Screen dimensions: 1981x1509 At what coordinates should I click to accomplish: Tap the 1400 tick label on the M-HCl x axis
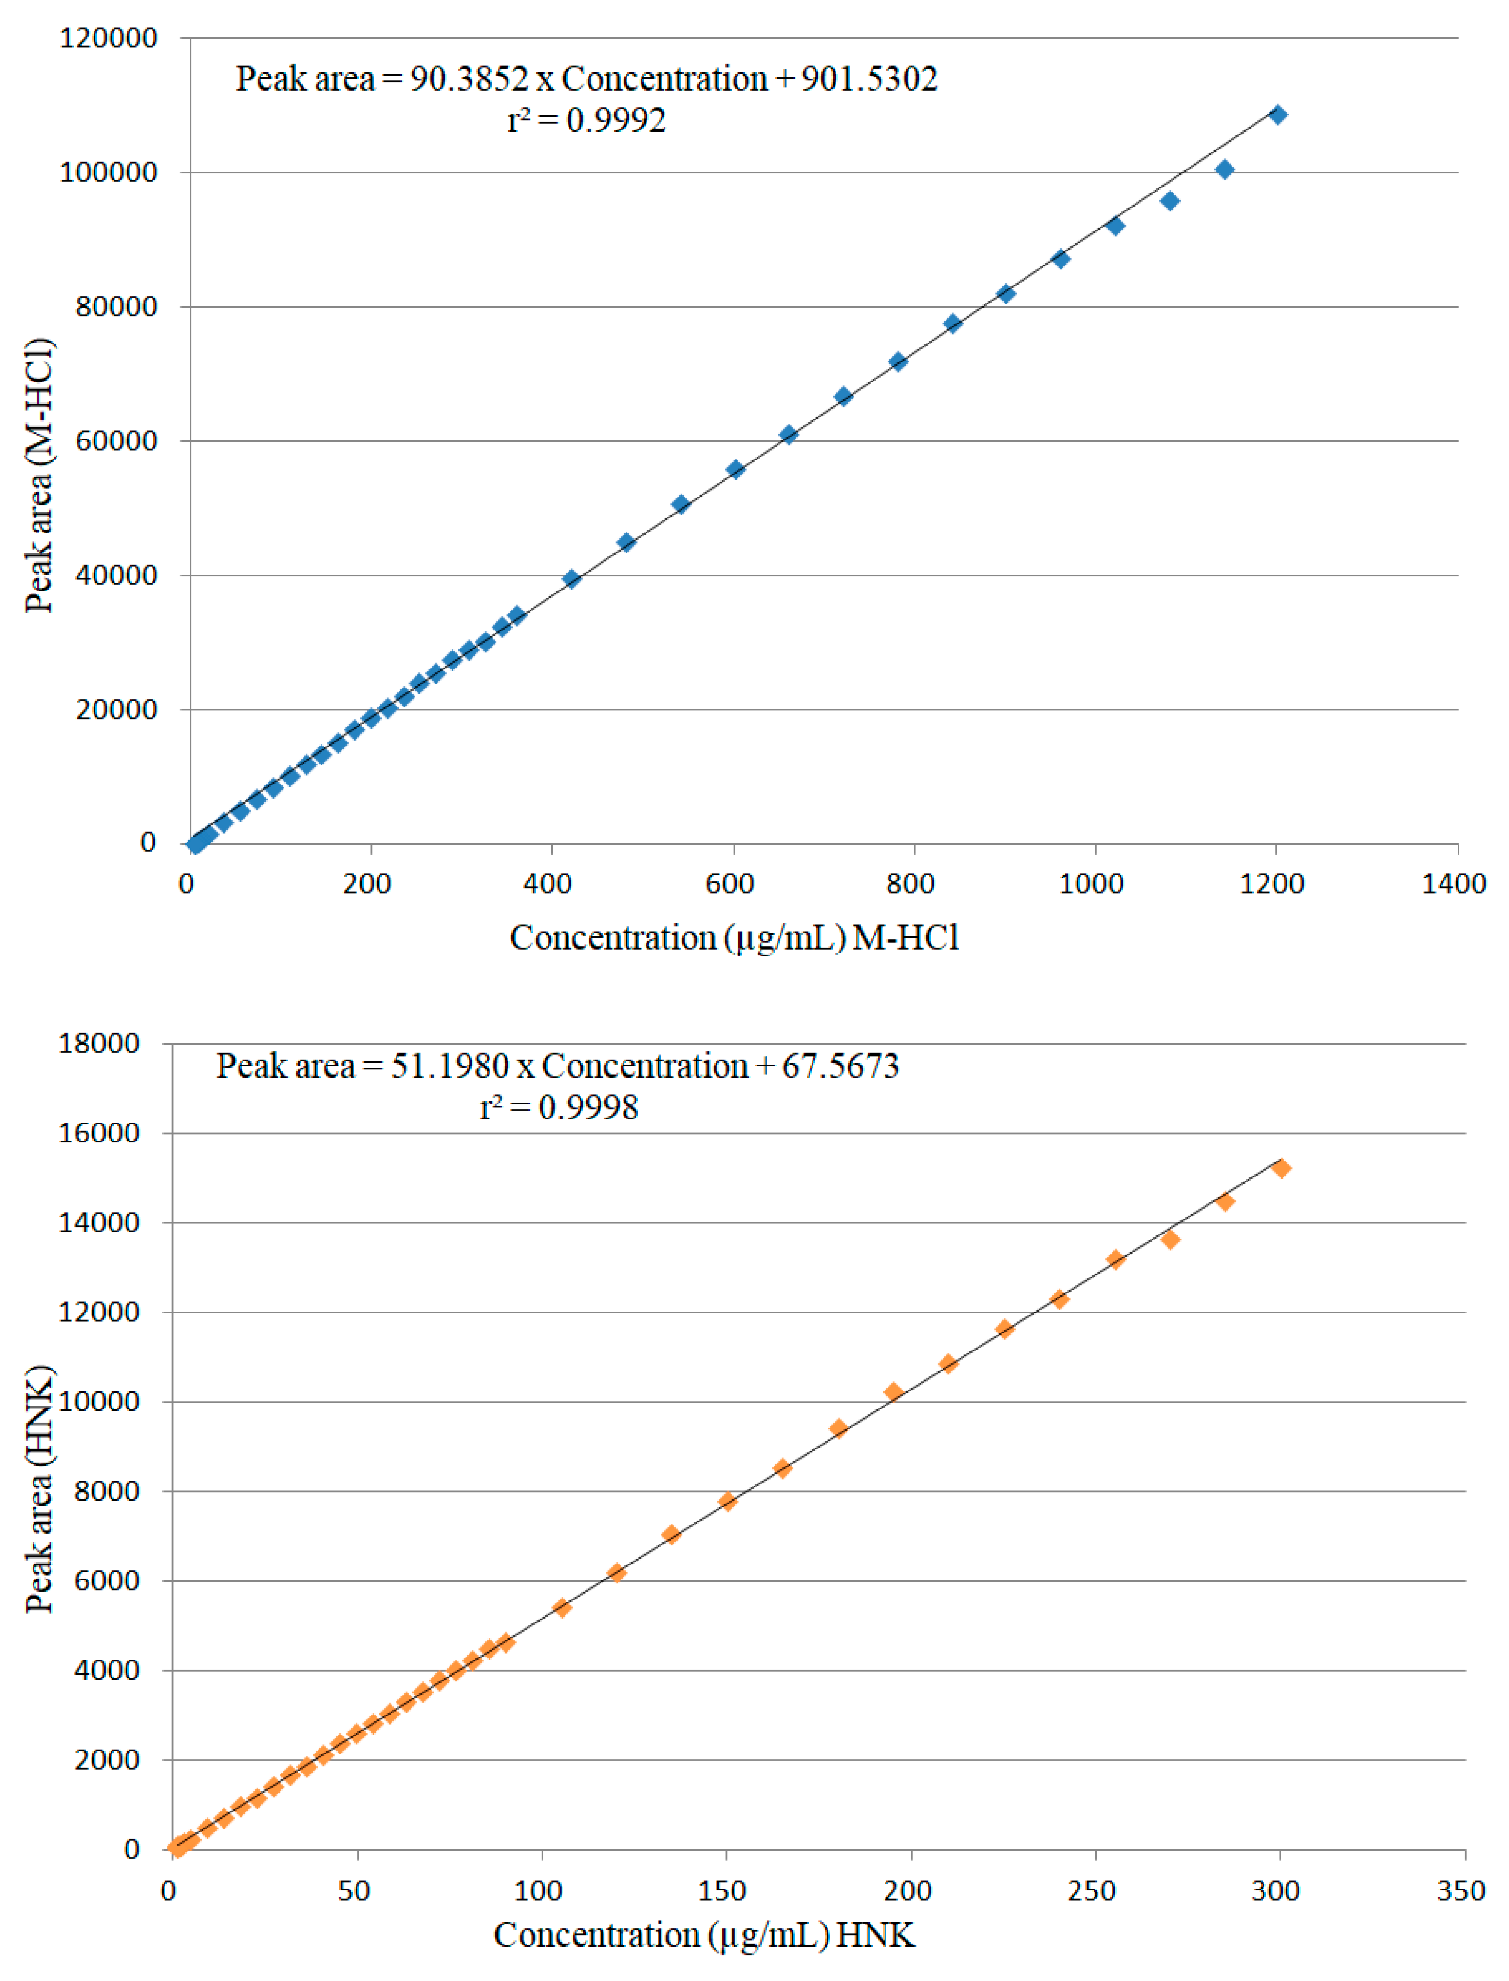point(1452,884)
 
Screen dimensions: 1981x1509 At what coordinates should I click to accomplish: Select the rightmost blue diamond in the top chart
point(1277,115)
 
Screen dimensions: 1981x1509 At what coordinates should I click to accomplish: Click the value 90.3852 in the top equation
point(469,79)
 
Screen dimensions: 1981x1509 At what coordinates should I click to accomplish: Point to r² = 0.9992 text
point(586,120)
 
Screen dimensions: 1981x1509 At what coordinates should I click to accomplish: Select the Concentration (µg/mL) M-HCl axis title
point(734,938)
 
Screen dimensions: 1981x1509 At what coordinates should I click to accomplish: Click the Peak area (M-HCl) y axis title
point(39,475)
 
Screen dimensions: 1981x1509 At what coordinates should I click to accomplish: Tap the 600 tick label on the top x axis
point(728,884)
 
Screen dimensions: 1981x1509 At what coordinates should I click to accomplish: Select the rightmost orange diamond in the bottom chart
point(1281,1168)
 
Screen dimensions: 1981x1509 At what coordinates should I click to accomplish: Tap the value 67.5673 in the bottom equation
point(840,1066)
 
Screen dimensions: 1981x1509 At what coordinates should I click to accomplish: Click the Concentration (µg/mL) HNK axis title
point(704,1934)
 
